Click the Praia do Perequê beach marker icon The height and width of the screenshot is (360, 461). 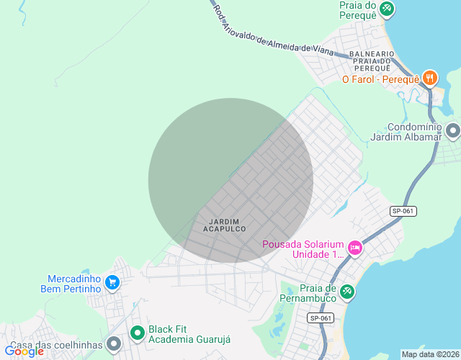click(x=387, y=8)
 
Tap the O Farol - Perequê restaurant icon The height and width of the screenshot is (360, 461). click(x=430, y=78)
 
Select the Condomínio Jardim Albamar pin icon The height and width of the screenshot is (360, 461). click(x=453, y=130)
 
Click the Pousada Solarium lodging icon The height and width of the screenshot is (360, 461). click(x=354, y=248)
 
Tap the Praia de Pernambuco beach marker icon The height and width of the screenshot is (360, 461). click(x=347, y=290)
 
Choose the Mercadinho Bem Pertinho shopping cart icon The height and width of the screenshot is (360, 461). click(x=112, y=283)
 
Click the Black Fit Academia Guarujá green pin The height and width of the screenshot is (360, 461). click(x=137, y=333)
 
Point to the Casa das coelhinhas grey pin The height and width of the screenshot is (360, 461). click(x=113, y=345)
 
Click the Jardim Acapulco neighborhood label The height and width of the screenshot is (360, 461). click(x=224, y=225)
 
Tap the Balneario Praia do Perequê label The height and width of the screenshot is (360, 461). click(x=372, y=60)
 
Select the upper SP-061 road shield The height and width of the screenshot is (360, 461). click(x=403, y=211)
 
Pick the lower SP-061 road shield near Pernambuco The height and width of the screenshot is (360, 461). click(x=321, y=318)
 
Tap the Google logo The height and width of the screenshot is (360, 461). click(x=24, y=351)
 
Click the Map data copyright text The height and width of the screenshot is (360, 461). click(x=430, y=354)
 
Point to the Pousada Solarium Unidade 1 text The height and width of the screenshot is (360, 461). click(x=303, y=248)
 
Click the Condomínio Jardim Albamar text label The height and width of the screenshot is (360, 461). click(x=405, y=131)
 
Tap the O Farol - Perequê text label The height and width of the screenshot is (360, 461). click(x=380, y=78)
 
